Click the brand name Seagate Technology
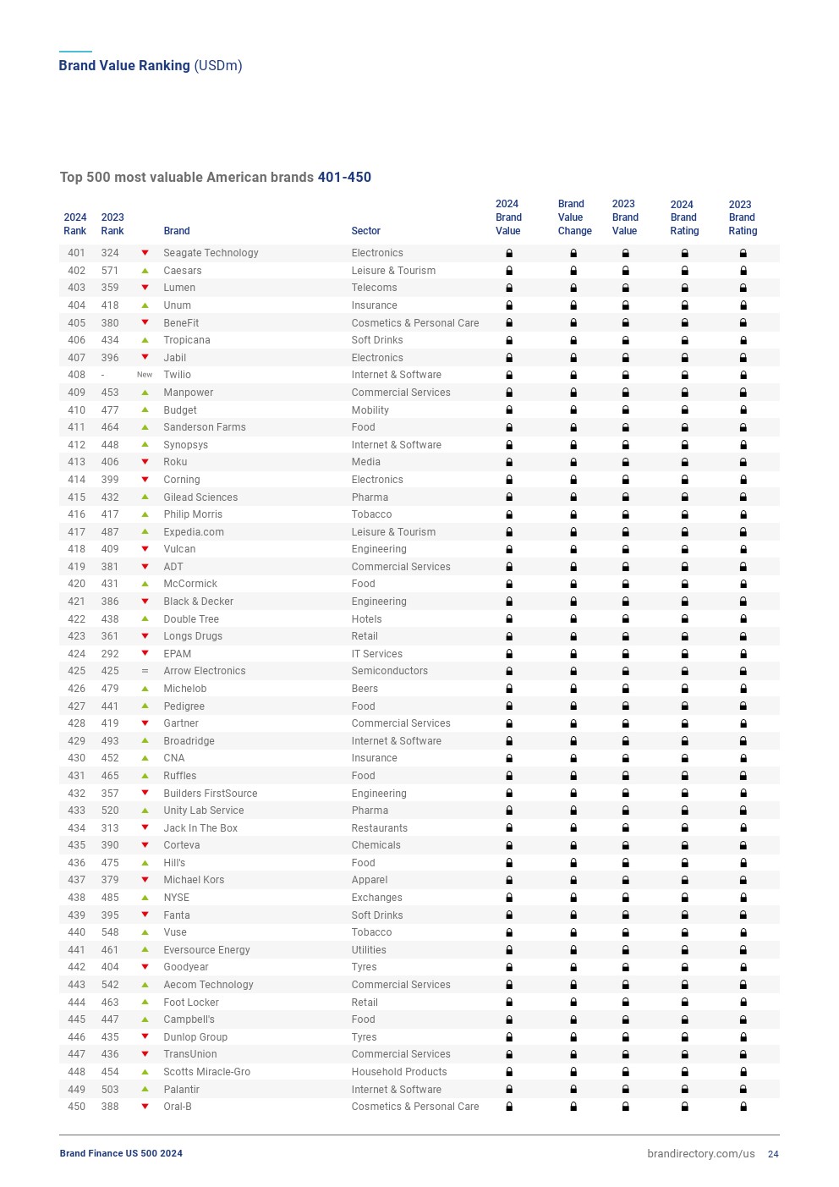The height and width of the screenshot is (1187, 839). coord(211,253)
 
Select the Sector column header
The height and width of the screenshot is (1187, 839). coord(365,231)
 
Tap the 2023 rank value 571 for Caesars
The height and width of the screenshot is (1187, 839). coord(110,271)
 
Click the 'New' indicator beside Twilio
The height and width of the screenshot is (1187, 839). coord(145,375)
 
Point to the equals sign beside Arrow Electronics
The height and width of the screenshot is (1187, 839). coord(145,671)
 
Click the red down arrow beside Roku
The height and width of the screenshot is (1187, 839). coord(145,462)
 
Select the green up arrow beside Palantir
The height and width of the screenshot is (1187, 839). coord(145,1090)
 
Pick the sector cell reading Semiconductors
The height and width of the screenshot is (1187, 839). coord(389,671)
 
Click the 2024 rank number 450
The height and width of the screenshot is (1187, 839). coord(76,1107)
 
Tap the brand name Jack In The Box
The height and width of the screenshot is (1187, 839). coord(200,828)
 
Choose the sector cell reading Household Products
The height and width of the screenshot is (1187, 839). coord(398,1072)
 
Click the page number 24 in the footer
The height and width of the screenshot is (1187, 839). coord(773,1154)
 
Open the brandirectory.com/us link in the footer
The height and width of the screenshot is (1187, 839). coord(700,1154)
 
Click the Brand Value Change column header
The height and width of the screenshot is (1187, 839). coord(574,217)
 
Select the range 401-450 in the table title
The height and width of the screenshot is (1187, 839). coord(344,178)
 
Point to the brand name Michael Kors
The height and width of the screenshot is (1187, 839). coord(194,880)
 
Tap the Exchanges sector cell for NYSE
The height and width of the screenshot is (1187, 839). coord(376,898)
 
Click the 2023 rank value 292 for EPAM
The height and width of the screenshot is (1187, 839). coord(110,654)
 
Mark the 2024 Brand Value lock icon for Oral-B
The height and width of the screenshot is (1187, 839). coord(509,1107)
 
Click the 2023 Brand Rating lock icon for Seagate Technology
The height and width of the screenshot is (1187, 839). coord(743,253)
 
